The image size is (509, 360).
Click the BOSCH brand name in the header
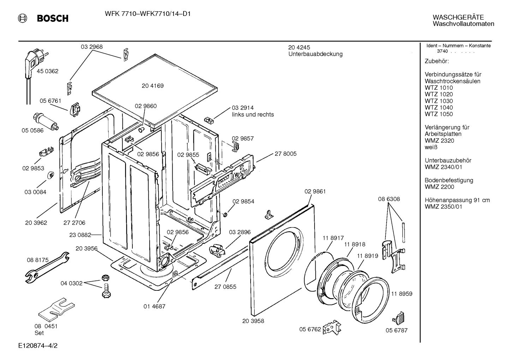pyautogui.click(x=53, y=18)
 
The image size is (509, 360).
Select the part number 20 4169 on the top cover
pyautogui.click(x=153, y=86)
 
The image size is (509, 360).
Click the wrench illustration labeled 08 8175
pyautogui.click(x=47, y=267)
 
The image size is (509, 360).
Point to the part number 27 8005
pyautogui.click(x=286, y=154)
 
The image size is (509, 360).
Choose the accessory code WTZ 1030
pyautogui.click(x=439, y=101)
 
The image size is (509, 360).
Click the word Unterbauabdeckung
pyautogui.click(x=316, y=54)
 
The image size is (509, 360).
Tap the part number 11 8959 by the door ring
pyautogui.click(x=402, y=294)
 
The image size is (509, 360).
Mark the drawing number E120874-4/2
pyautogui.click(x=38, y=346)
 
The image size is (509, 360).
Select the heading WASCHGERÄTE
pyautogui.click(x=458, y=17)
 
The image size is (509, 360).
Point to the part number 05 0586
pyautogui.click(x=32, y=130)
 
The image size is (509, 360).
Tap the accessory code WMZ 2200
pyautogui.click(x=439, y=187)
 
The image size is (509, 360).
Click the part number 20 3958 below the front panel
pyautogui.click(x=253, y=321)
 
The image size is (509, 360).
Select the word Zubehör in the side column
pyautogui.click(x=437, y=61)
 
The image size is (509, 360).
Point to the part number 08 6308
pyautogui.click(x=389, y=199)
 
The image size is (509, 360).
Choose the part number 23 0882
pyautogui.click(x=80, y=235)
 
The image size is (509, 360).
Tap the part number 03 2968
pyautogui.click(x=92, y=47)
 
